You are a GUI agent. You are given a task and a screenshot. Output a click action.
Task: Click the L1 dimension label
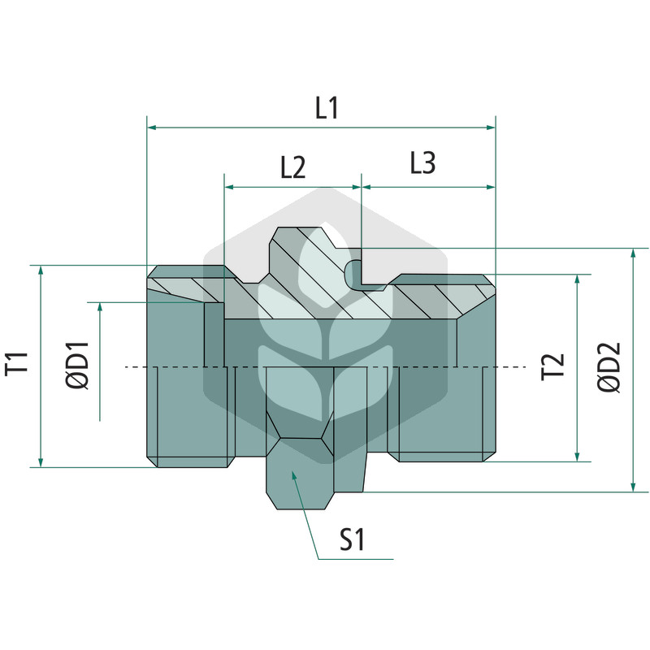(x=327, y=108)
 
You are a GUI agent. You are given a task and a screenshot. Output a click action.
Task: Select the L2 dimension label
(x=292, y=167)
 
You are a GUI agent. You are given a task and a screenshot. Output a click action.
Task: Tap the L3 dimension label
(x=422, y=162)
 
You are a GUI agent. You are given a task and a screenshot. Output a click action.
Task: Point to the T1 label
(x=17, y=363)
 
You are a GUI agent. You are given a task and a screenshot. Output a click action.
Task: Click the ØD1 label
(x=77, y=366)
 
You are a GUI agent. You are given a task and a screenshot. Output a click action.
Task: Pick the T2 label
(x=553, y=366)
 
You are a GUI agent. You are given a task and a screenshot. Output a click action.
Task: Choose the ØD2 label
(x=609, y=367)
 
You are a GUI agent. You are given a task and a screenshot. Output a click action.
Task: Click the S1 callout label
(x=352, y=539)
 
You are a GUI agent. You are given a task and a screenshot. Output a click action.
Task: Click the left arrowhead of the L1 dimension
(x=152, y=128)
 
